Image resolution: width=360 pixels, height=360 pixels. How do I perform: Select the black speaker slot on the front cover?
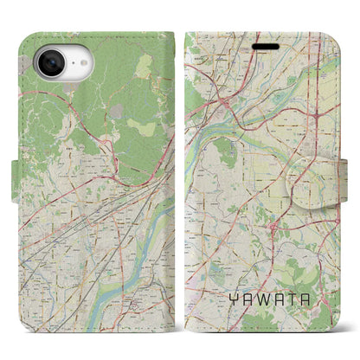[x=267, y=48]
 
